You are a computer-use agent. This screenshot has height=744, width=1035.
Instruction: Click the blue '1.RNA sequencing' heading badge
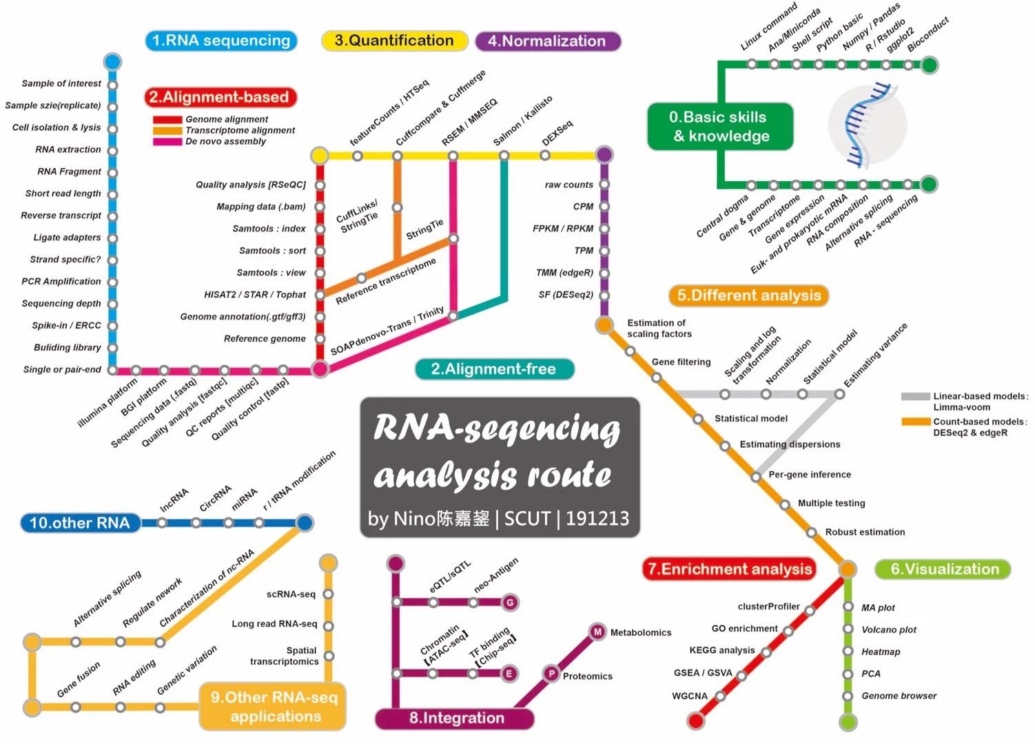pyautogui.click(x=221, y=41)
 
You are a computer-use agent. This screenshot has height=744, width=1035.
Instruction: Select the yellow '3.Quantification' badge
pyautogui.click(x=394, y=41)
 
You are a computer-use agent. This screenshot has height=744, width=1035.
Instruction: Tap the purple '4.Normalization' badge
pyautogui.click(x=547, y=41)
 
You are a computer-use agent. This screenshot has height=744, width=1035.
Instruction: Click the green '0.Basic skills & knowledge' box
pyautogui.click(x=719, y=127)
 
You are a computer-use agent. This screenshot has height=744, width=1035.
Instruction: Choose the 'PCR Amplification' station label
pyautogui.click(x=61, y=282)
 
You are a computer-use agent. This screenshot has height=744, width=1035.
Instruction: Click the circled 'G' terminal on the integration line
pyautogui.click(x=510, y=603)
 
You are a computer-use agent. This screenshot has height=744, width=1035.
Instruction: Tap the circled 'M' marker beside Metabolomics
pyautogui.click(x=597, y=632)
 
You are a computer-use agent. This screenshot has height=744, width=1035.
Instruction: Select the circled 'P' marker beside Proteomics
pyautogui.click(x=551, y=674)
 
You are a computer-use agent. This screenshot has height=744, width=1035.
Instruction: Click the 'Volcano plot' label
pyautogui.click(x=889, y=630)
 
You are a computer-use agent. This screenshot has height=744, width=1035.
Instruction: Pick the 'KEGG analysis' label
pyautogui.click(x=721, y=650)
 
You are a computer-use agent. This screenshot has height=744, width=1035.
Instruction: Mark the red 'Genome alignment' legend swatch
pyautogui.click(x=167, y=119)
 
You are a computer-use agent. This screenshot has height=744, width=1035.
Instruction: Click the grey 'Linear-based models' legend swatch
pyautogui.click(x=915, y=397)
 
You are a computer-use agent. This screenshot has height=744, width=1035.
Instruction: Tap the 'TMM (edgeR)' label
pyautogui.click(x=564, y=273)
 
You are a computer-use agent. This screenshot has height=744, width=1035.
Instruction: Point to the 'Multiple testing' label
pyautogui.click(x=831, y=504)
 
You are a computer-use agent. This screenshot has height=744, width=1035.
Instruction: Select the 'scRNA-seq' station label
pyautogui.click(x=291, y=595)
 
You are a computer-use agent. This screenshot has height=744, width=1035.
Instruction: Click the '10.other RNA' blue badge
pyautogui.click(x=80, y=523)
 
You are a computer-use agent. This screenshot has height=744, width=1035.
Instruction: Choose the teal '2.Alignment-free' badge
pyautogui.click(x=493, y=369)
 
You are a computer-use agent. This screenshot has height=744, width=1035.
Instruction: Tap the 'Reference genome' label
pyautogui.click(x=265, y=339)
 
